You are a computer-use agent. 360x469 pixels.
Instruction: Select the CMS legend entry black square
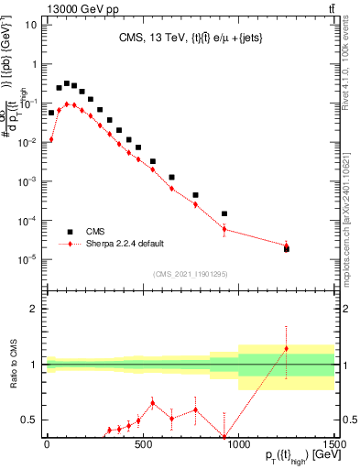click(70, 232)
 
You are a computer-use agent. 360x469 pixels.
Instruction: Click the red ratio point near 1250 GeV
click(286, 348)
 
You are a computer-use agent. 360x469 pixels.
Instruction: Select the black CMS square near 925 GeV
click(224, 213)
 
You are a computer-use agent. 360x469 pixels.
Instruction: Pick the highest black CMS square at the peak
click(67, 83)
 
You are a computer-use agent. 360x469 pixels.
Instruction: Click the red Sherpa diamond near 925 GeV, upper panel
click(224, 229)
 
